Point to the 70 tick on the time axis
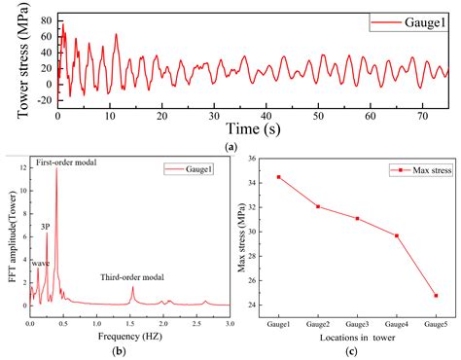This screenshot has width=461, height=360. (x=422, y=116)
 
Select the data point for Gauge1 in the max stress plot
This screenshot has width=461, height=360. (x=279, y=177)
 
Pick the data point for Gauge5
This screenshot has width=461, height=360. (x=436, y=296)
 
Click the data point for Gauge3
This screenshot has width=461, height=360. (x=357, y=218)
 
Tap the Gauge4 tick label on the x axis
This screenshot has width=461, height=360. (x=396, y=322)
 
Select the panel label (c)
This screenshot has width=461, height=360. (x=357, y=349)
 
